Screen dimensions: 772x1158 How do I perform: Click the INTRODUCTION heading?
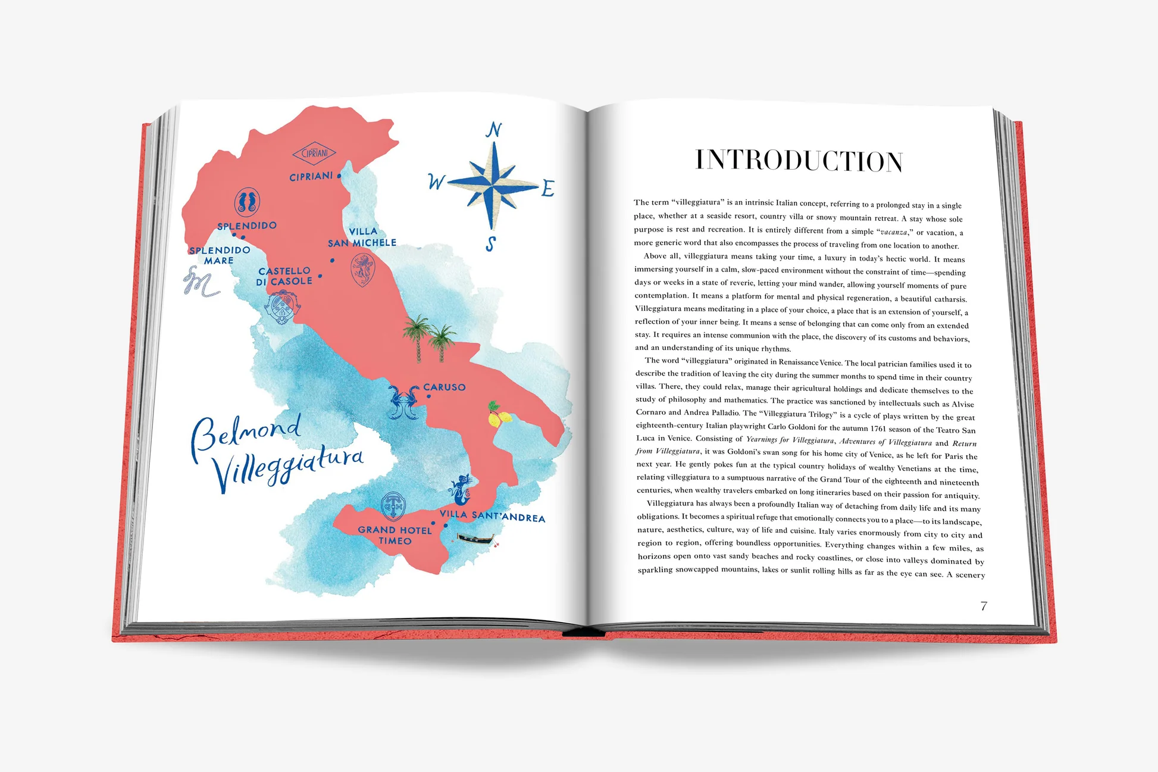tap(799, 161)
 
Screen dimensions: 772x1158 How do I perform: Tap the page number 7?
tap(984, 606)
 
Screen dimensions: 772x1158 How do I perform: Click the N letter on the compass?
tap(493, 130)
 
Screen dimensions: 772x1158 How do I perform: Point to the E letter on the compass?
tap(547, 189)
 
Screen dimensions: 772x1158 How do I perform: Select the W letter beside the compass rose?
tap(436, 182)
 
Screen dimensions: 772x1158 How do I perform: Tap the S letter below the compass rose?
tap(490, 244)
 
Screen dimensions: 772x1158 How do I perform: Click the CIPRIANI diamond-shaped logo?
tap(314, 153)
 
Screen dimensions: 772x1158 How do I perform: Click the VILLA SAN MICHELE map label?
tap(362, 237)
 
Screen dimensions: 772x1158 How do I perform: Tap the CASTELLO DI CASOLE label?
tap(284, 276)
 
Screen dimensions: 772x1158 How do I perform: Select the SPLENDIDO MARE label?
tap(219, 255)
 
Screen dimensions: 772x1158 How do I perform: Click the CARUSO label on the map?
tap(445, 387)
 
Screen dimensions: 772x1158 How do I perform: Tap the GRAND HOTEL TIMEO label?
tap(395, 535)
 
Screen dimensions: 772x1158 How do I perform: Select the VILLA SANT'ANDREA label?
tap(492, 516)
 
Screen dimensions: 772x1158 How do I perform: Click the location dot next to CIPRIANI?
tap(339, 176)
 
